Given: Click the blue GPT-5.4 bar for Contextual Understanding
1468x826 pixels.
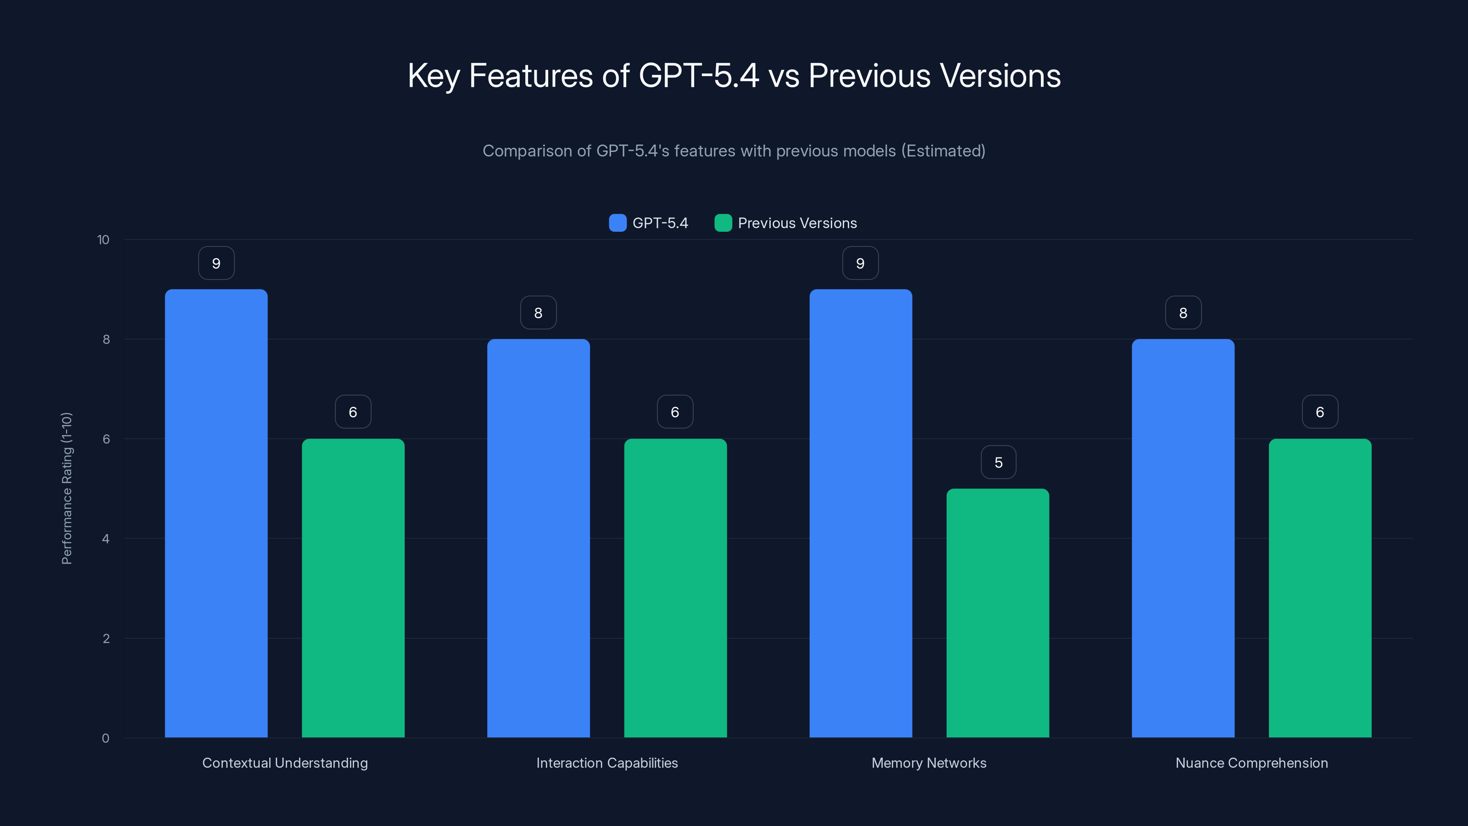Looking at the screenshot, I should [x=216, y=513].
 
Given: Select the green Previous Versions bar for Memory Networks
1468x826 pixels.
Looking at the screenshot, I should [x=997, y=613].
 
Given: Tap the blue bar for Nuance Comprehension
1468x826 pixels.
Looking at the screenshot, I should [x=1183, y=538].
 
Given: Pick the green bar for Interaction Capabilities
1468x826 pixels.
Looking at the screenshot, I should [x=675, y=588].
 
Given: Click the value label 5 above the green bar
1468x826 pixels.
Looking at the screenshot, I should [x=998, y=462].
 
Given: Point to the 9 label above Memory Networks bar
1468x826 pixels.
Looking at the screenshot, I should [x=860, y=263].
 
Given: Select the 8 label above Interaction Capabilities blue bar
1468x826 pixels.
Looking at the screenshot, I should [x=538, y=313].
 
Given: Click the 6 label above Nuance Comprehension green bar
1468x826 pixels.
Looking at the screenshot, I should [x=1319, y=412].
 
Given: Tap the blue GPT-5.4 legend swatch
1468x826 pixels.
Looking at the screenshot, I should [x=617, y=223].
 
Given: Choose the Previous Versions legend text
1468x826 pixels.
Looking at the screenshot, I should [x=797, y=223].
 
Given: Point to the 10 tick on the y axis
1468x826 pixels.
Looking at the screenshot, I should [x=103, y=240].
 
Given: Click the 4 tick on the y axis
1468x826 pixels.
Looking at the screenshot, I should [x=106, y=539].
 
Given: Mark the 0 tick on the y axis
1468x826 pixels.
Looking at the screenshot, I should [x=106, y=738].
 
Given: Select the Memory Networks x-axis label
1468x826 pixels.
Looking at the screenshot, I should [x=929, y=763].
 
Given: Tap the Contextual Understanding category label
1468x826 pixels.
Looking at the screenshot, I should [x=285, y=763].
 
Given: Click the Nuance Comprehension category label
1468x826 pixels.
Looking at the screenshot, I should [x=1251, y=763].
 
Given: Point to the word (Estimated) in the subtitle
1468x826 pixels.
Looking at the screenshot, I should [x=943, y=151].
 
